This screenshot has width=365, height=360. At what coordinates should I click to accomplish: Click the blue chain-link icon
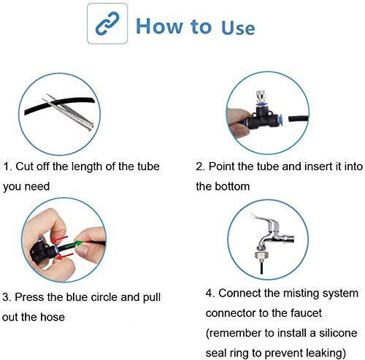[x=107, y=23]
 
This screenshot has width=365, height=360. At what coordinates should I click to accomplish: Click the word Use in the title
[x=238, y=27]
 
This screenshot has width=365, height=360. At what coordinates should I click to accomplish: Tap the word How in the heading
[x=159, y=26]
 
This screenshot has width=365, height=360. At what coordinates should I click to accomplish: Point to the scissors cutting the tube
[x=68, y=112]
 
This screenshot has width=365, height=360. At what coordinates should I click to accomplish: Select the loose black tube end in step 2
[x=298, y=119]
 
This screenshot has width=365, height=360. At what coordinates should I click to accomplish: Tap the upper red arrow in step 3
[x=59, y=239]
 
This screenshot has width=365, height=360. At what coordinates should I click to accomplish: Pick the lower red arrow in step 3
[x=64, y=256]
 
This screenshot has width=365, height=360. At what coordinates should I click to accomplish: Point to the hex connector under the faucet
[x=261, y=255]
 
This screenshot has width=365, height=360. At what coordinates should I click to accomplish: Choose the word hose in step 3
[x=53, y=317]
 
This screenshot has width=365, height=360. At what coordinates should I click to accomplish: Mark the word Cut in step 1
[x=24, y=166]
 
